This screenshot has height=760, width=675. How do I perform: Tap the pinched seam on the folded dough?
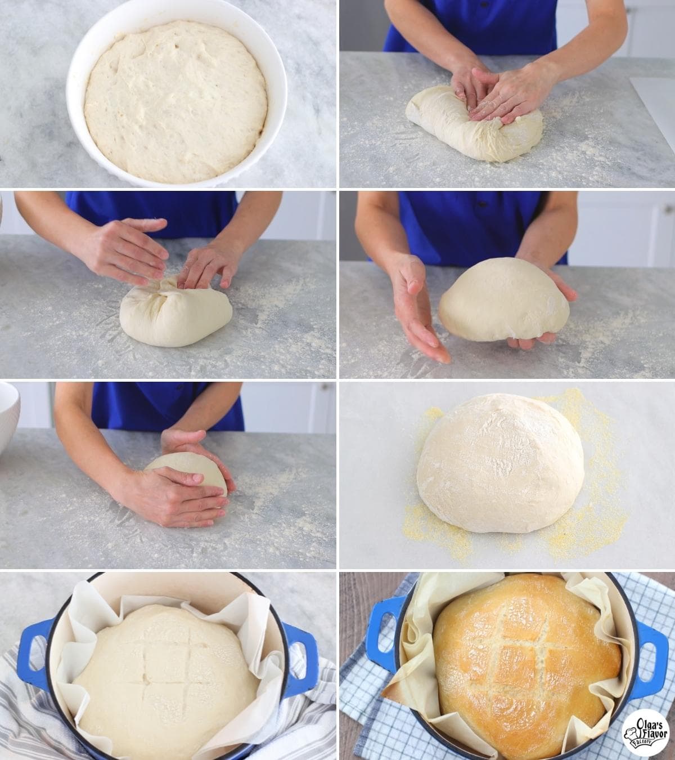tap(163, 290)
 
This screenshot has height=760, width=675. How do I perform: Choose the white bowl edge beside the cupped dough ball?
tap(8, 417)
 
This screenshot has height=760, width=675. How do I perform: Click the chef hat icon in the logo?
tap(630, 737)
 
